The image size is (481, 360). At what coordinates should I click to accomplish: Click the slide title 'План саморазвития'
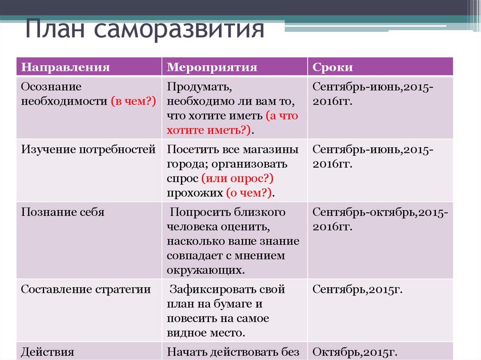point(145,29)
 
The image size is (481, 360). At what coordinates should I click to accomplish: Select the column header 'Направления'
point(65,67)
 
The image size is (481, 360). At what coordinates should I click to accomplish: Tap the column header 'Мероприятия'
point(212,67)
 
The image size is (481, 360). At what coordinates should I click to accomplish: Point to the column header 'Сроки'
point(333,67)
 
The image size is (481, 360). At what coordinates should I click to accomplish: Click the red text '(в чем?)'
point(133,101)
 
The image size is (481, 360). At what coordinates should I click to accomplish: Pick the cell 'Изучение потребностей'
point(88,149)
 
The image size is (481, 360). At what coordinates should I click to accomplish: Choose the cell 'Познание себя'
point(62,212)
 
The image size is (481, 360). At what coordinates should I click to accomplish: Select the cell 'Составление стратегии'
point(86,290)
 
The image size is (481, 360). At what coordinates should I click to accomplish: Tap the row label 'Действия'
point(47,352)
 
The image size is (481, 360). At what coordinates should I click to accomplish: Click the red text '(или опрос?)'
point(237,178)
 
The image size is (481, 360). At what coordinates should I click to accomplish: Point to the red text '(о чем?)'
point(249,193)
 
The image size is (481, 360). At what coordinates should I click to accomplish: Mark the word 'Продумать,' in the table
point(199,87)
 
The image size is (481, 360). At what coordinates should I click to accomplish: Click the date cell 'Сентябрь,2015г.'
point(357,290)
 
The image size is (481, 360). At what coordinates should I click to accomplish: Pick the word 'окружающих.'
point(206,270)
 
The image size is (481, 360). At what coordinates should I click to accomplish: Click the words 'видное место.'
point(206,333)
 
